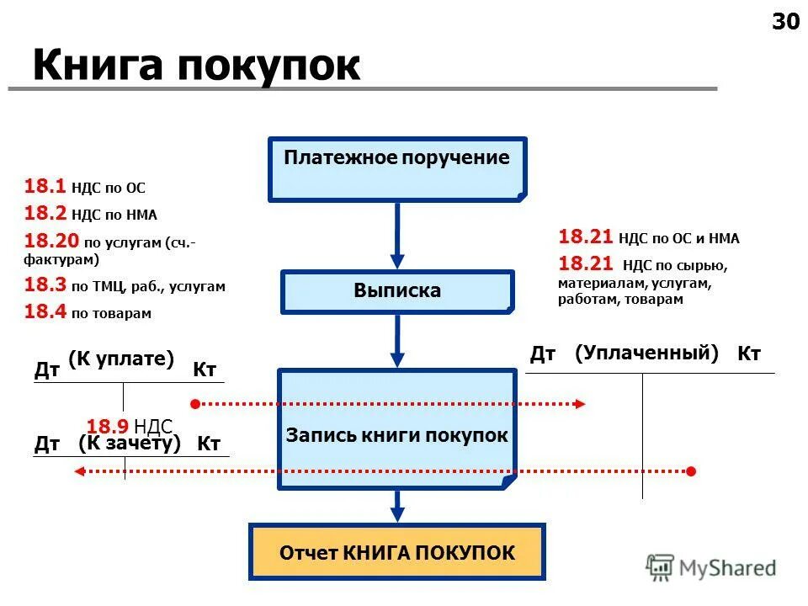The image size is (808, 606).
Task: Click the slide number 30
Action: click(x=785, y=22)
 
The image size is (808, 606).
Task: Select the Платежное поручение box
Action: click(x=397, y=168)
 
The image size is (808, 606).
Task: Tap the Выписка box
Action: click(x=397, y=291)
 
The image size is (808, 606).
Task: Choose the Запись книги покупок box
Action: click(x=397, y=428)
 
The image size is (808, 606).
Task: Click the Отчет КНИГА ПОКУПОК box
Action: click(x=397, y=552)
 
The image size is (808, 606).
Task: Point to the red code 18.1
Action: click(x=39, y=187)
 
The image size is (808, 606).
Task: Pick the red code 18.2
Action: click(x=39, y=213)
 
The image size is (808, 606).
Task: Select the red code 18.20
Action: click(x=44, y=241)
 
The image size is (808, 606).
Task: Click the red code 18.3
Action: click(x=39, y=285)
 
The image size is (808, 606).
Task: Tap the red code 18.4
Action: click(x=39, y=312)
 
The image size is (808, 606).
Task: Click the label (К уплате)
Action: click(x=120, y=359)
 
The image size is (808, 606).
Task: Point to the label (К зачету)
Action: click(x=130, y=443)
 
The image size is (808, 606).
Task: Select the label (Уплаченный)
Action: click(x=646, y=353)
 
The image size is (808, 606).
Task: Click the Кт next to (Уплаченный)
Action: click(x=749, y=354)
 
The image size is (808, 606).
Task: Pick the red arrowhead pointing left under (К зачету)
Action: click(x=79, y=471)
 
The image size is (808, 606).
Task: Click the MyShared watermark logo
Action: click(x=711, y=568)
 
